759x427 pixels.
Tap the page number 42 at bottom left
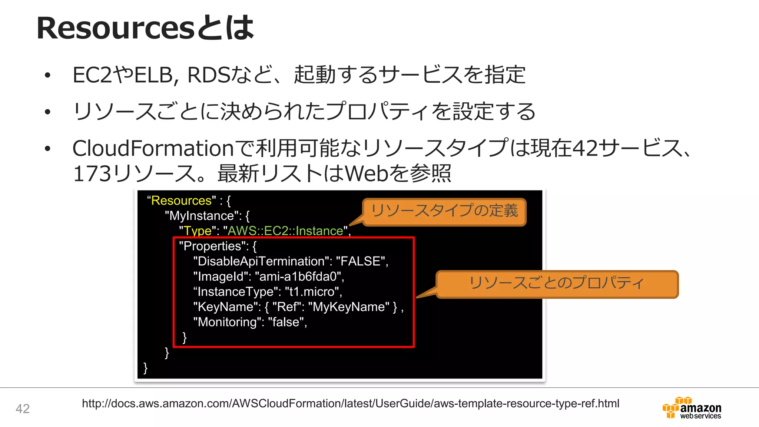tap(23, 408)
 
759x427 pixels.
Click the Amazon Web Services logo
tap(692, 408)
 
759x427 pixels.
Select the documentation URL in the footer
tap(350, 403)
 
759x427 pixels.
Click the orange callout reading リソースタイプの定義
tap(444, 211)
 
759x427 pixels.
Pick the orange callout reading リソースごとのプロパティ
tap(557, 283)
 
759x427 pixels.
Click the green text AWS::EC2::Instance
tap(285, 231)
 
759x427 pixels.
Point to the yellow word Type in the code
tap(198, 231)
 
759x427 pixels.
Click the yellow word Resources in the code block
tap(181, 201)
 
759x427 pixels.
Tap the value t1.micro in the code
tap(312, 292)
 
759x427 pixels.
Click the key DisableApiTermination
tap(261, 261)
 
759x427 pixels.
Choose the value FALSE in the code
tap(360, 261)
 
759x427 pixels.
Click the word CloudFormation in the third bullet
tap(153, 148)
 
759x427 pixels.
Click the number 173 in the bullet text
tap(92, 173)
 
